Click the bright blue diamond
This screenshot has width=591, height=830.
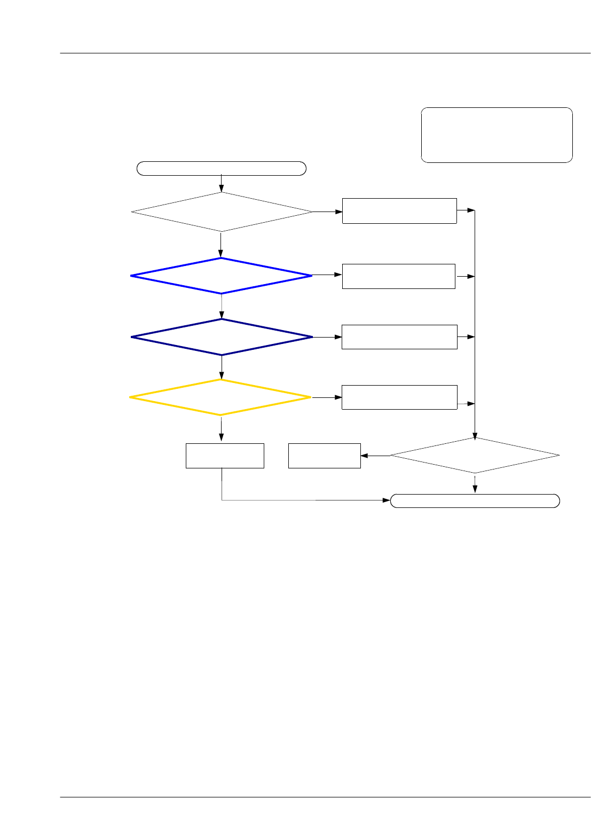221,276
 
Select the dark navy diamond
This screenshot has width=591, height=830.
222,337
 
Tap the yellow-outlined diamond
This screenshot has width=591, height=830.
220,397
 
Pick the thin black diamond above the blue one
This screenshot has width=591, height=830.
222,212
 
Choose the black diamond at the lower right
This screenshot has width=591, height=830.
475,455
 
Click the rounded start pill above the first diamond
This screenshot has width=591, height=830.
222,168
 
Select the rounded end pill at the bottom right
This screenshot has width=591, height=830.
475,501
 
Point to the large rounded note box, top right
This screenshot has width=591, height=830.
497,135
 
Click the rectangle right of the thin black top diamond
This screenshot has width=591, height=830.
399,211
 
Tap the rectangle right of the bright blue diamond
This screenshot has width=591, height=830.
398,276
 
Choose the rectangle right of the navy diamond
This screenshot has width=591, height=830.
399,337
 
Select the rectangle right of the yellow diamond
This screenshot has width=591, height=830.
399,397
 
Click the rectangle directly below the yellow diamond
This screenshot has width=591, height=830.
225,456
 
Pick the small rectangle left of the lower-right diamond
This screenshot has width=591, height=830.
324,456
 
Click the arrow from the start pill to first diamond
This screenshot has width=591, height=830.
221,184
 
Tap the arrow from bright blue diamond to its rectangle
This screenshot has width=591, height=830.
327,275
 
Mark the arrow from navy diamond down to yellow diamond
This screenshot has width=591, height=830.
222,367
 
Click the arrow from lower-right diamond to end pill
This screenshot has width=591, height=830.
475,484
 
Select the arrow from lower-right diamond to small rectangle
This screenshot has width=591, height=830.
375,456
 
